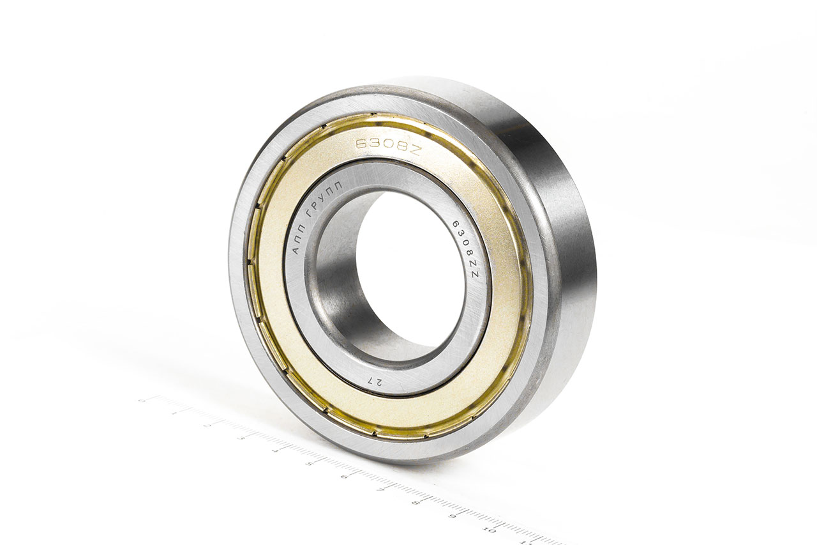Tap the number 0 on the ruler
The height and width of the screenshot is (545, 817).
(x=141, y=401)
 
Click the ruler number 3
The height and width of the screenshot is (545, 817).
(x=241, y=437)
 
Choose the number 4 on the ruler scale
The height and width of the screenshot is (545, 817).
(x=275, y=450)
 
